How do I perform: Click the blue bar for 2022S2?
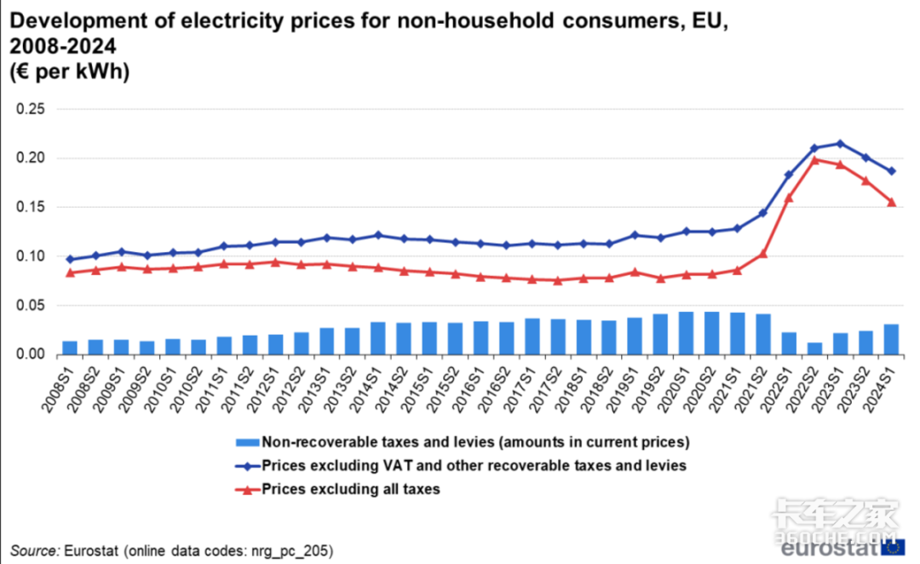814,348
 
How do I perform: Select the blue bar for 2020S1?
686,333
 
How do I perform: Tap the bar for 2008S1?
70,348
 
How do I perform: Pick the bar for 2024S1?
891,339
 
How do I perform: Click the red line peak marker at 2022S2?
814,159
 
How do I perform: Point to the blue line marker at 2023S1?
840,143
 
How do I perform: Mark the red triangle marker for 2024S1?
891,202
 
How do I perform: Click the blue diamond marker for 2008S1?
70,259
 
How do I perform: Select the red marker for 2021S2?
763,253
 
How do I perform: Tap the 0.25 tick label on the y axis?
31,109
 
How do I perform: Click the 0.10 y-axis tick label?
31,256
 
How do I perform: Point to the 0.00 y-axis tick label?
31,354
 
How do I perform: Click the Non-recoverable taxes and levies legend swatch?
246,442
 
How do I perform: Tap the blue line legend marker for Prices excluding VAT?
246,466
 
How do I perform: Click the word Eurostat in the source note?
91,550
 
